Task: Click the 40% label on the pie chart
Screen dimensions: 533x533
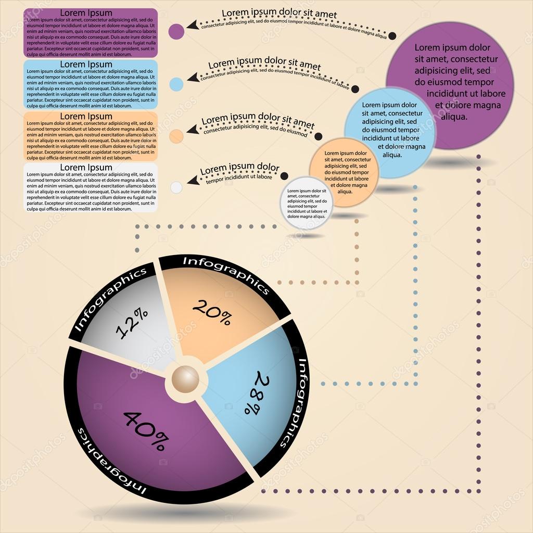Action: point(145,430)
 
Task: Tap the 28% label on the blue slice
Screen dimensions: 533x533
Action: point(253,393)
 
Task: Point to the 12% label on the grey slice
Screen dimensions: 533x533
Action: point(131,324)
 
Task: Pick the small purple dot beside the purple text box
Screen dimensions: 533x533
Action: point(176,31)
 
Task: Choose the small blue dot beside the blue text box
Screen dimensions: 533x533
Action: point(176,84)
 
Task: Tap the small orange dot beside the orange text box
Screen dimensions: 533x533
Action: point(176,136)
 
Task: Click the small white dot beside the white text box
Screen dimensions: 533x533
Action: point(176,187)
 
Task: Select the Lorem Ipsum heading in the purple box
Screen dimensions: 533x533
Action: point(86,12)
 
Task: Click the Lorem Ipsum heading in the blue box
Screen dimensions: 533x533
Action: point(86,64)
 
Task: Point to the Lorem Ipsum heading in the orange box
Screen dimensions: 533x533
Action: point(86,116)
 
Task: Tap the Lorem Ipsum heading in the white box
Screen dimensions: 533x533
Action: point(86,167)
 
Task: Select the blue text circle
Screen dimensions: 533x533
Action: point(390,133)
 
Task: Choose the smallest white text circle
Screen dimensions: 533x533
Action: point(307,202)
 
